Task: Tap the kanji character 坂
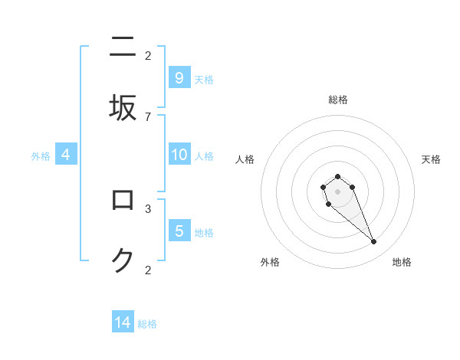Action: (x=123, y=107)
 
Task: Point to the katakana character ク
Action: (x=123, y=261)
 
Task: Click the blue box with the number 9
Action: (x=179, y=77)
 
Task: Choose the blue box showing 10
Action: (x=179, y=155)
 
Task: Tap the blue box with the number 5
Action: (x=179, y=231)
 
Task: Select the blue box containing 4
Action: (x=66, y=155)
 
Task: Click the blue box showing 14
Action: (x=123, y=322)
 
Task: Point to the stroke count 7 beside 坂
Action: (x=148, y=116)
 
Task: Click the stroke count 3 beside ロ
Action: (x=148, y=208)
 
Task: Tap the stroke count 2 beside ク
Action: (x=148, y=270)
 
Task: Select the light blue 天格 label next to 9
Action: (x=204, y=79)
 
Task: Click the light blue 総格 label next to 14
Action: (x=147, y=324)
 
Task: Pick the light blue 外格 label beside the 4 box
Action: (x=41, y=156)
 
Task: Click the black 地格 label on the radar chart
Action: (x=402, y=262)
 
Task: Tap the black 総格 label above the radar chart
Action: (x=338, y=100)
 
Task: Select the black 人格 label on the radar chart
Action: (x=245, y=159)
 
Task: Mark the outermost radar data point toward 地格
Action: (x=374, y=242)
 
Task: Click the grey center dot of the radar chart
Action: (x=337, y=191)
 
